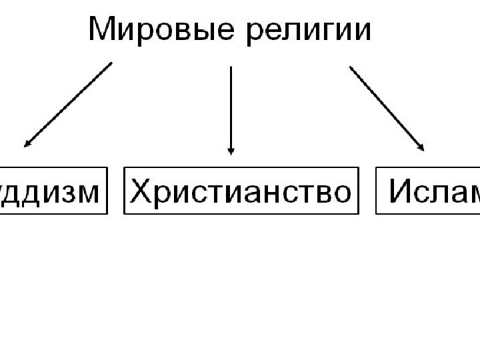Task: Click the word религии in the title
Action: (x=309, y=32)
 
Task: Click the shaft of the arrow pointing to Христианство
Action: (x=231, y=107)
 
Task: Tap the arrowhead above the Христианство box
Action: (x=231, y=150)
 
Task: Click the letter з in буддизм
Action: (x=61, y=193)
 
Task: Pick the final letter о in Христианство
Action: (x=340, y=193)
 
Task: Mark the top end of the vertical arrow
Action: (x=231, y=67)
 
